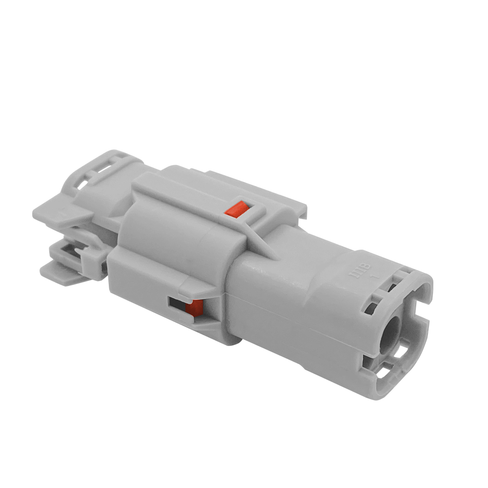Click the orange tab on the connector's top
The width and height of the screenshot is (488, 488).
click(x=234, y=209)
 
